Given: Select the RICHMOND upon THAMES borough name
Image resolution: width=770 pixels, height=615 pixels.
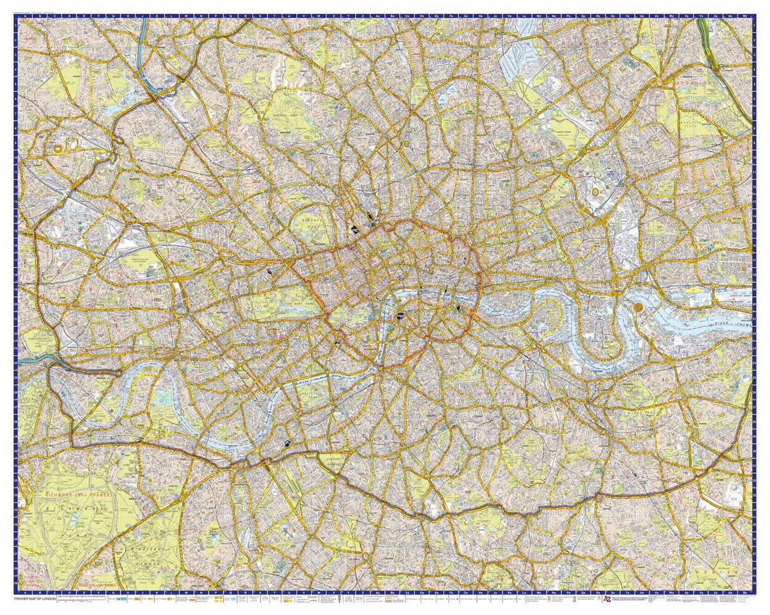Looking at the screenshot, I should point(77,496).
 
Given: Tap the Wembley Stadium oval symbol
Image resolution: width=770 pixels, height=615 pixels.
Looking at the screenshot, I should point(59,148).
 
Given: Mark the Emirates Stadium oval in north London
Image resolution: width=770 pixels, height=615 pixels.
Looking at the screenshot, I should point(406,143).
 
